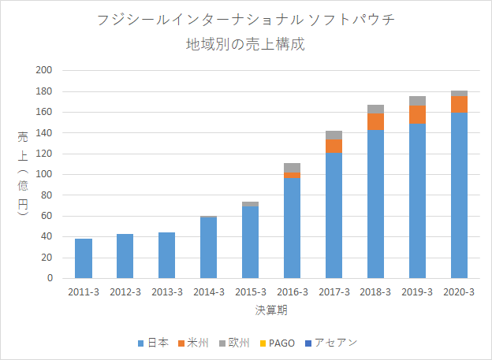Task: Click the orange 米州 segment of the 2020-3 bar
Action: point(459,105)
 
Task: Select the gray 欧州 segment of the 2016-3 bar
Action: point(292,168)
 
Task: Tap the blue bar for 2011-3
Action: point(84,258)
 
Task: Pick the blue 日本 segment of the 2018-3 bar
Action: point(375,204)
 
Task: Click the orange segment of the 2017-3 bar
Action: point(334,147)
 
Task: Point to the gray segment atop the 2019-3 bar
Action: point(417,101)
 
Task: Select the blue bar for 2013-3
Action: point(166,255)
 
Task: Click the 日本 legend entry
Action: point(154,343)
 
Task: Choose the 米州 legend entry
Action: point(193,343)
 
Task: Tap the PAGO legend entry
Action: point(277,343)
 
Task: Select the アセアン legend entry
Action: point(331,343)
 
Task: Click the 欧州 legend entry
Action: point(234,343)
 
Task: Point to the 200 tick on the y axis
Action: point(44,70)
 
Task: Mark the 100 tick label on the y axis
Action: point(44,174)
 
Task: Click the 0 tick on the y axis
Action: point(50,278)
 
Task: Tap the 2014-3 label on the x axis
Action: point(209,292)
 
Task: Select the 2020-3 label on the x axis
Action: point(459,292)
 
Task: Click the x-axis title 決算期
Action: point(271,310)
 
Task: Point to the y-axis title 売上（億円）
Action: point(23,173)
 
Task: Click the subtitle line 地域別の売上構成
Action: point(245,44)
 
